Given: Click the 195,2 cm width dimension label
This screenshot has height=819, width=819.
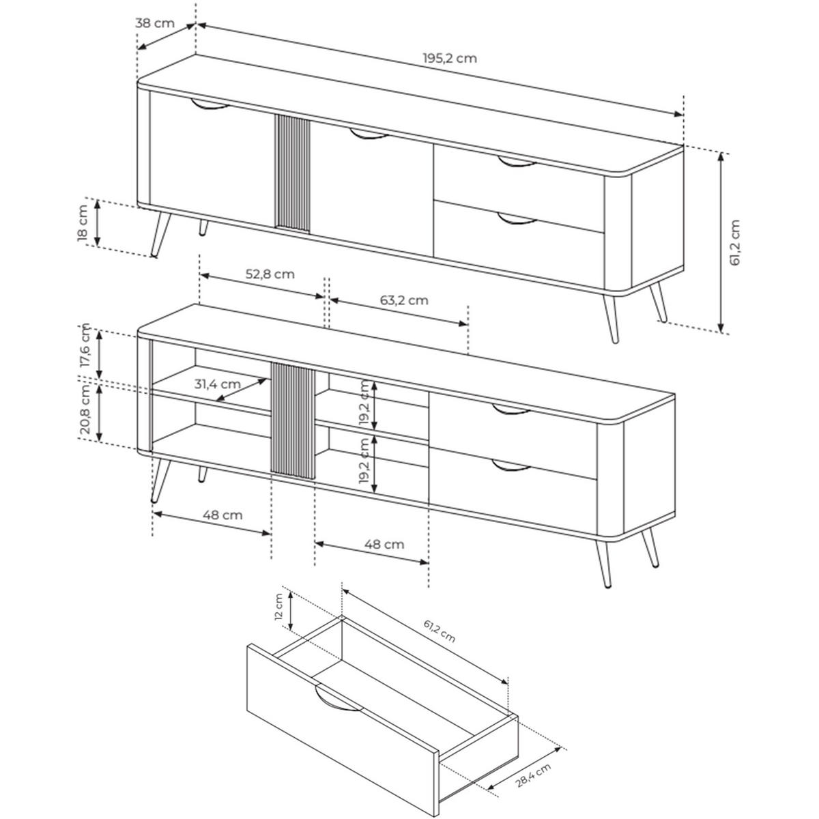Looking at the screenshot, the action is [x=450, y=58].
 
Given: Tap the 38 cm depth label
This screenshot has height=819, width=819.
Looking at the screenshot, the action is [x=155, y=23].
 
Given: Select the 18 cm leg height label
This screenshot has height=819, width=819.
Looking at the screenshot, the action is [x=83, y=224].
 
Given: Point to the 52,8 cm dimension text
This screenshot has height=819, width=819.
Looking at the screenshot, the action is [x=270, y=274].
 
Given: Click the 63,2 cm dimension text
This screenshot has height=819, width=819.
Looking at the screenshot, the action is [x=404, y=300].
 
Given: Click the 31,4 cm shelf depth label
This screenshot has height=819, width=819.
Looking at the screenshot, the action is [x=218, y=384].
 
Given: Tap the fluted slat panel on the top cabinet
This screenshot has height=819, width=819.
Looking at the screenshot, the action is [x=292, y=173].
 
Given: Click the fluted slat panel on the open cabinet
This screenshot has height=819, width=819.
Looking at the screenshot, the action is [x=293, y=420].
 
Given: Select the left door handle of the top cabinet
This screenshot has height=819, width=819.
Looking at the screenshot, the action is [x=210, y=105].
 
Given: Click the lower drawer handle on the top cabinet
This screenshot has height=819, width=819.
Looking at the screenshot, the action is [x=517, y=219].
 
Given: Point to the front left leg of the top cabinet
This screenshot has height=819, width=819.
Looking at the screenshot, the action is [x=161, y=234].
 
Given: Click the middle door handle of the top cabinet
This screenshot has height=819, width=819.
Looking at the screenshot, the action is [x=369, y=134].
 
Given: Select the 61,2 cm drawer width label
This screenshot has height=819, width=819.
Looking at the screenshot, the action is [x=440, y=637].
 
